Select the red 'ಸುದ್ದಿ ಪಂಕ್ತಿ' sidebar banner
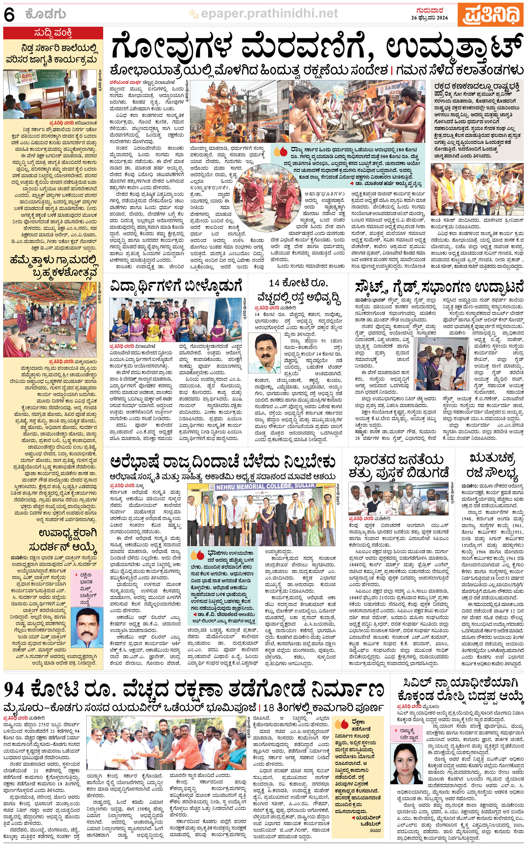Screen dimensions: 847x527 point(53,33)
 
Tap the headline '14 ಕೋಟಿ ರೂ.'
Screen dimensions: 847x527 point(298,283)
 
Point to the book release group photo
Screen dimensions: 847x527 point(398,499)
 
